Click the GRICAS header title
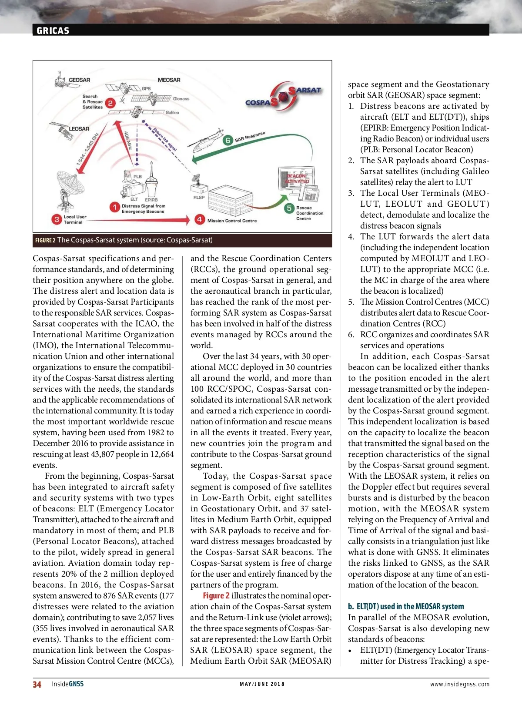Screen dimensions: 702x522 pyautogui.click(x=53, y=30)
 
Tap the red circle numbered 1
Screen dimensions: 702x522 pyautogui.click(x=114, y=207)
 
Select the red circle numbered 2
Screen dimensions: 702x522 pyautogui.click(x=110, y=103)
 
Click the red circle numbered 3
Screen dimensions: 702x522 pyautogui.click(x=57, y=219)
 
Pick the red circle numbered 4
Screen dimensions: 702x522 pyautogui.click(x=199, y=219)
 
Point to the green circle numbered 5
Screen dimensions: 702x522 pyautogui.click(x=289, y=208)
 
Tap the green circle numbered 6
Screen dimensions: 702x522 pyautogui.click(x=228, y=140)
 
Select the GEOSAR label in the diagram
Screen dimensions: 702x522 pyautogui.click(x=79, y=80)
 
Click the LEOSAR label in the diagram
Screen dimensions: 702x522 pyautogui.click(x=79, y=129)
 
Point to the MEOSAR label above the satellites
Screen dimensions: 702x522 pyautogui.click(x=169, y=80)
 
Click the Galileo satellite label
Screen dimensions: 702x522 pyautogui.click(x=172, y=112)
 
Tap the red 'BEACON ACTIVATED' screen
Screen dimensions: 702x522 pyautogui.click(x=297, y=178)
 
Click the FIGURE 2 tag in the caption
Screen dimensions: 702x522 pyautogui.click(x=45, y=240)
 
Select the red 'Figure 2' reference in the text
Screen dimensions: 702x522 pyautogui.click(x=216, y=595)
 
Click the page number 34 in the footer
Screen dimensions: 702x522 pyautogui.click(x=37, y=684)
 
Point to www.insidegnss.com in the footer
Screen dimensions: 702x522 pyautogui.click(x=459, y=684)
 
